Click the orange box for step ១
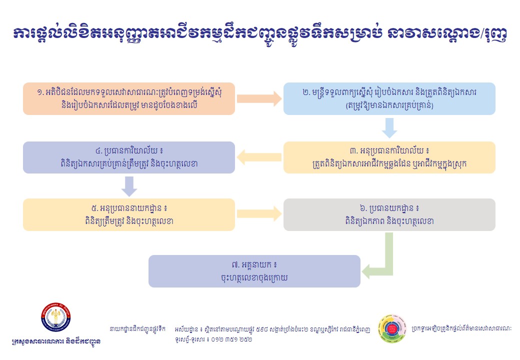[x=128, y=98]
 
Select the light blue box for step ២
[x=389, y=98]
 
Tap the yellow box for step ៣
[x=389, y=157]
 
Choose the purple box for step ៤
[x=128, y=157]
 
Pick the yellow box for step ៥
[x=128, y=214]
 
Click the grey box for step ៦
[x=389, y=214]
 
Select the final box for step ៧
[x=254, y=271]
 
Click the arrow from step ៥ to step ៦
[x=258, y=215]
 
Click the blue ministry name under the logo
[x=55, y=342]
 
